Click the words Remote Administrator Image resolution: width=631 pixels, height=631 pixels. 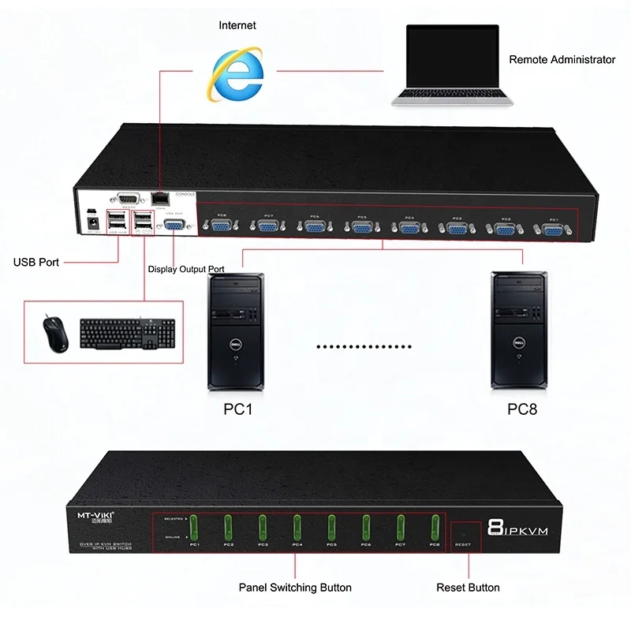coord(562,59)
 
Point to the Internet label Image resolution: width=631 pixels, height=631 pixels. coord(237,26)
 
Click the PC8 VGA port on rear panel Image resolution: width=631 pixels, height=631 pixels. coord(222,226)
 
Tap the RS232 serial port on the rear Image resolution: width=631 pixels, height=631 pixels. coord(127,200)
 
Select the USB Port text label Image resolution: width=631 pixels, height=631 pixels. coord(36,262)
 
